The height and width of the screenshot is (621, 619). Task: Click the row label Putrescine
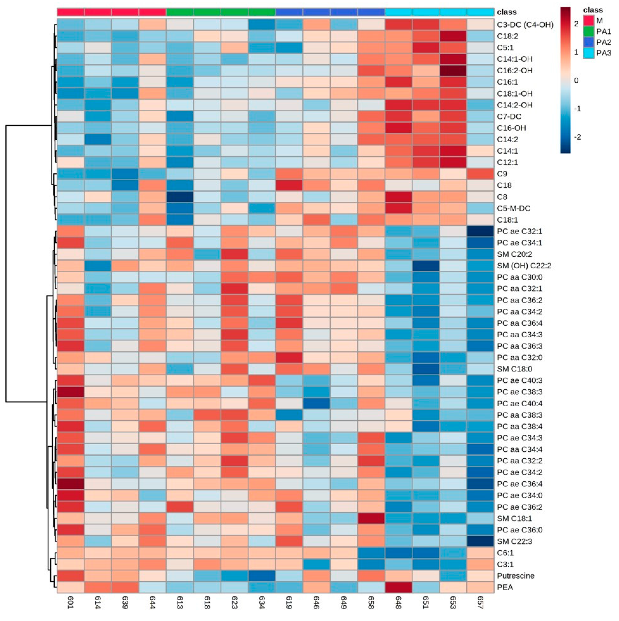tap(515, 576)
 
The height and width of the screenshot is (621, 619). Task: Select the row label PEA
tap(505, 587)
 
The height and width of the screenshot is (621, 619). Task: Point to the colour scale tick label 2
tap(576, 24)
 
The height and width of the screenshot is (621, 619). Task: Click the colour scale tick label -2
tap(577, 137)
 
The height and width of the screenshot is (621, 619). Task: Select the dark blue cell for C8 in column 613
tap(180, 197)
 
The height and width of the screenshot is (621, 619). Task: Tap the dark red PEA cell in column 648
tap(398, 587)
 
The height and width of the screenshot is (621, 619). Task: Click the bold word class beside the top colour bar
tap(507, 12)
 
